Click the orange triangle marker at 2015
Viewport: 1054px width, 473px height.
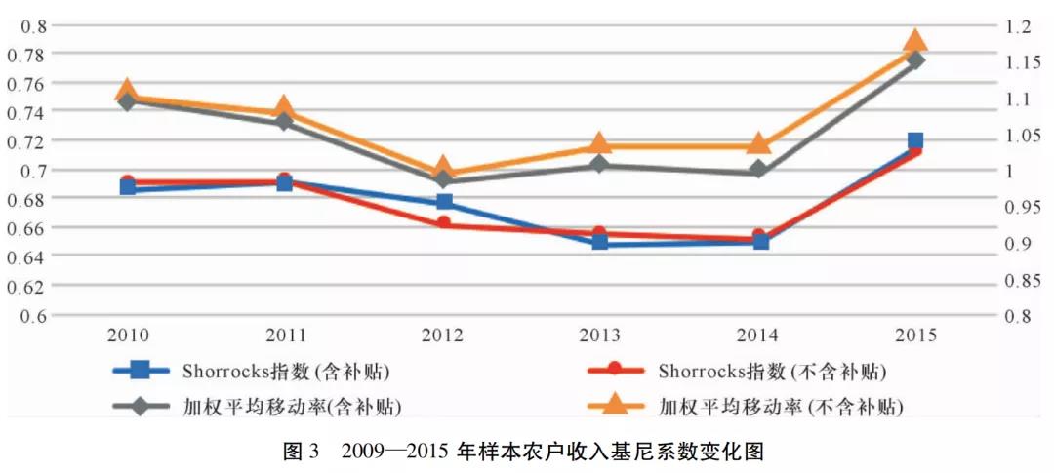pyautogui.click(x=914, y=41)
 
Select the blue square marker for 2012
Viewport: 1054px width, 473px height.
pyautogui.click(x=444, y=202)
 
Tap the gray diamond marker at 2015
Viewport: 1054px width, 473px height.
pyautogui.click(x=914, y=60)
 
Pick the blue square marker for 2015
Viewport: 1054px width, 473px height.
pyautogui.click(x=914, y=141)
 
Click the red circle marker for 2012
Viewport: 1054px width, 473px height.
pyautogui.click(x=444, y=223)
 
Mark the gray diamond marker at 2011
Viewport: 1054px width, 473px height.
pyautogui.click(x=284, y=122)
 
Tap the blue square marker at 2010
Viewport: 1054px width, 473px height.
pyautogui.click(x=128, y=187)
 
